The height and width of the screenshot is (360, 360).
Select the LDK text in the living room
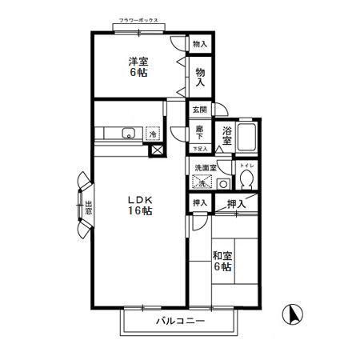138,199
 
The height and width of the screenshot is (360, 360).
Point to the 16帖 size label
138,211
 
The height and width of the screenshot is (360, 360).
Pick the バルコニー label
180,322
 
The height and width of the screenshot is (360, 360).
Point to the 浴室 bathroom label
228,135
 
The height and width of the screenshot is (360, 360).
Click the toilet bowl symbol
248,179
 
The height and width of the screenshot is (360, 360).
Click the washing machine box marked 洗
202,182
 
